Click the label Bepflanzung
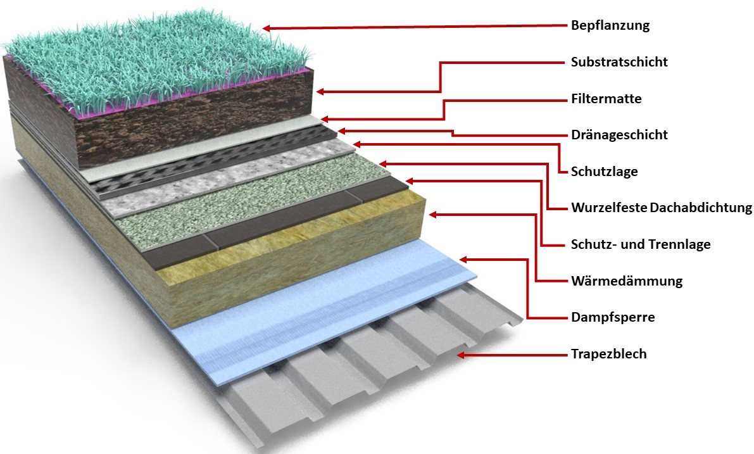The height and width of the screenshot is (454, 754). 610,26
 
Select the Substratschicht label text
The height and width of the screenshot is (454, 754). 619,62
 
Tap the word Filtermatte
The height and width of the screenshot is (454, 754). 606,99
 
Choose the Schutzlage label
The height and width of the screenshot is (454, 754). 604,172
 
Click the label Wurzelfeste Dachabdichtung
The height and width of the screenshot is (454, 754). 661,208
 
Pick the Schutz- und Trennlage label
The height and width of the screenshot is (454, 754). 640,244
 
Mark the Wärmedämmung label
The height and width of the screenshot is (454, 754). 626,281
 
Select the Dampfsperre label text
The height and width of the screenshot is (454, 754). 612,317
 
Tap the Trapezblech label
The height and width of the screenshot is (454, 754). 608,354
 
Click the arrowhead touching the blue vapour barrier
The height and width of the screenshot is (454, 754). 463,259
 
